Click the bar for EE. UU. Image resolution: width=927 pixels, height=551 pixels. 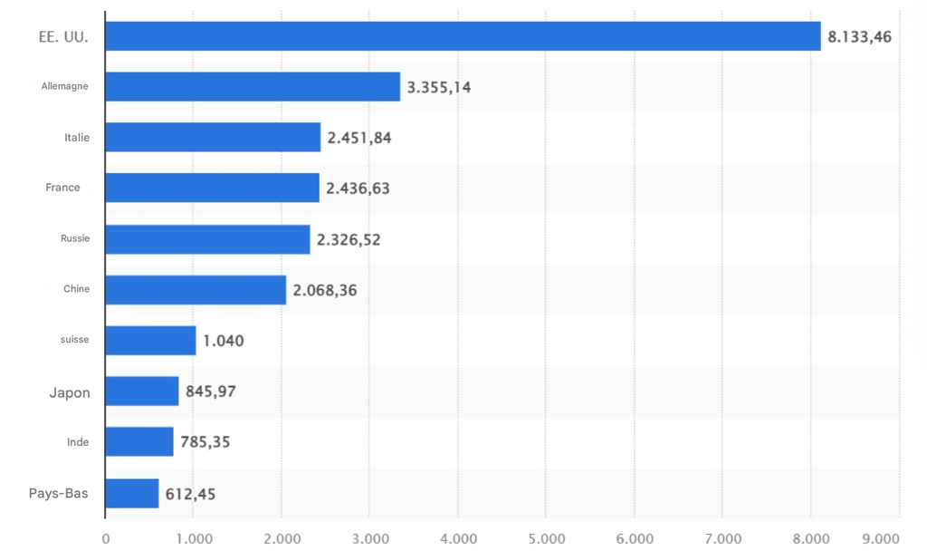click(463, 36)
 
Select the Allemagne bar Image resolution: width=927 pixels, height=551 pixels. click(253, 87)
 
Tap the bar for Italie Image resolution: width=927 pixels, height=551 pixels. click(213, 138)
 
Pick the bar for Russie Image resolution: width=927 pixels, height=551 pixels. click(207, 239)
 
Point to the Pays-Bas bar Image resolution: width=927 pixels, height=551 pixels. click(132, 494)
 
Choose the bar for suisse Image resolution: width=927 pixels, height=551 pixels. click(150, 341)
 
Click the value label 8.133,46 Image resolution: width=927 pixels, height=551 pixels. click(859, 37)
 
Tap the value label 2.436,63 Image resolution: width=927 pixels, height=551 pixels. click(358, 188)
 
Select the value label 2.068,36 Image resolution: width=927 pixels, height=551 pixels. click(325, 291)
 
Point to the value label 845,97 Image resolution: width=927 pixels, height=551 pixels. click(211, 392)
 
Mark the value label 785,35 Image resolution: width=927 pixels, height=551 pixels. click(205, 443)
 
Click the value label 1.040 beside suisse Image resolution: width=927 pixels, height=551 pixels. click(223, 342)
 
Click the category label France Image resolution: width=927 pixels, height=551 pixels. click(62, 188)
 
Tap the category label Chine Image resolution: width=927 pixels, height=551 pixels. click(76, 289)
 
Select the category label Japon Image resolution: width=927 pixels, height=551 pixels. click(70, 392)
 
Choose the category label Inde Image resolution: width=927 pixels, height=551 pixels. click(78, 443)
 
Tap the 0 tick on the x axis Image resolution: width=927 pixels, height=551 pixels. click(106, 539)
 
